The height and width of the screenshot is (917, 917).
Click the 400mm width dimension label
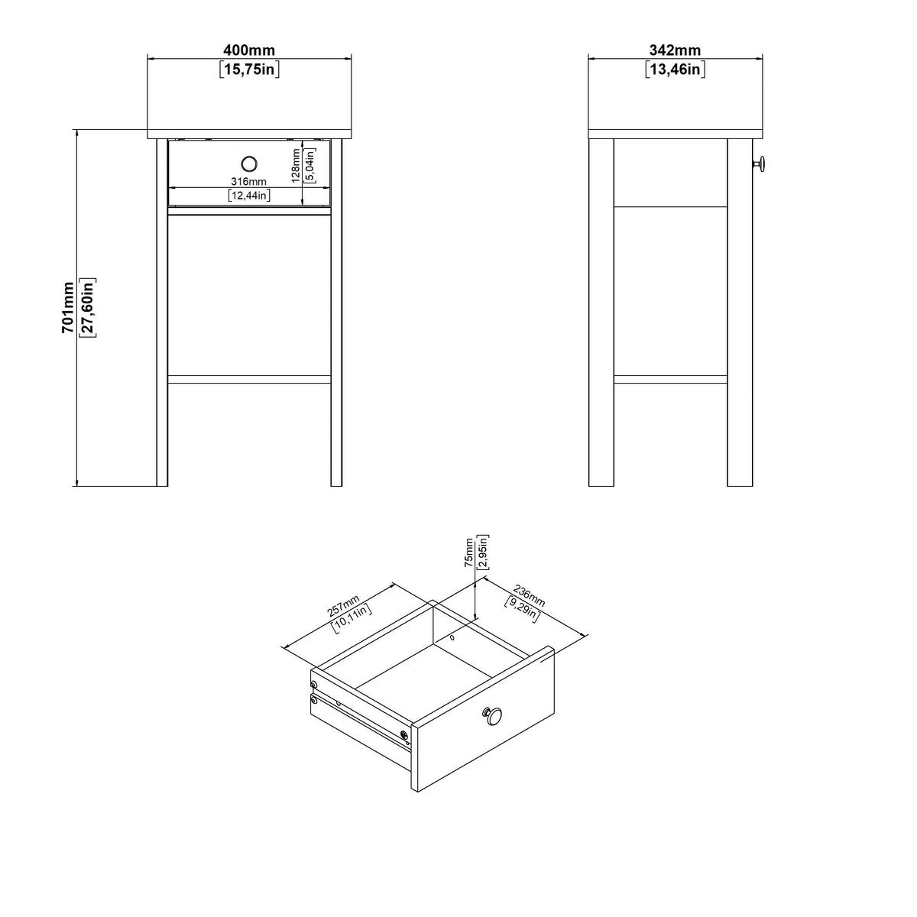(x=249, y=50)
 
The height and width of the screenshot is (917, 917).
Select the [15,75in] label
(x=249, y=70)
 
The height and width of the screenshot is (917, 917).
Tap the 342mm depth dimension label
(x=675, y=50)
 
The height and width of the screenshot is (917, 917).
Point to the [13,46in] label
(x=675, y=70)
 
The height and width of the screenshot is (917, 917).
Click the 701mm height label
(x=68, y=307)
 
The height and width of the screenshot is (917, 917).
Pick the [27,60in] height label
(x=88, y=307)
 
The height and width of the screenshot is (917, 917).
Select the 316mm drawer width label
(x=249, y=181)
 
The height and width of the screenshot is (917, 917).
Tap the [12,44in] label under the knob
(x=249, y=195)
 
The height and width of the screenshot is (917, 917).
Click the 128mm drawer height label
(x=296, y=166)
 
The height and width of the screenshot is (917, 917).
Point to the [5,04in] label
(x=309, y=166)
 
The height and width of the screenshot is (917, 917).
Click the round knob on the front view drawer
(x=249, y=164)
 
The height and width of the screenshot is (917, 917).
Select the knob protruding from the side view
(x=758, y=164)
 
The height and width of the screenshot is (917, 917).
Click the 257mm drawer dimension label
(x=343, y=606)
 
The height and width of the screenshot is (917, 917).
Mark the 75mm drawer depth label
(x=469, y=552)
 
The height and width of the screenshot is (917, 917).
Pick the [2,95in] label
(x=483, y=552)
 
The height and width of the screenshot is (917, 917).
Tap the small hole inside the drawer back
(x=452, y=637)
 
